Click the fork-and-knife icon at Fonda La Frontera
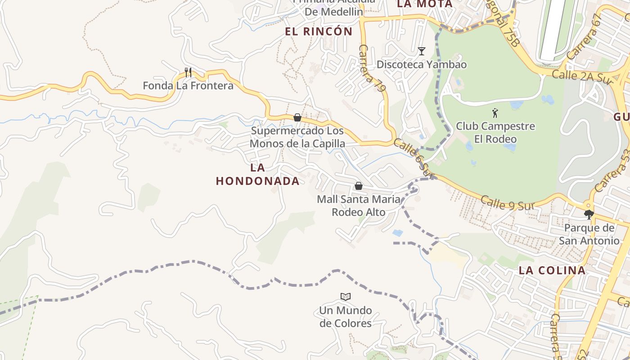click(188, 72)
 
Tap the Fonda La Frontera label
click(188, 85)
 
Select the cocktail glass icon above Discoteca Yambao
click(421, 51)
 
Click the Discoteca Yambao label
click(421, 64)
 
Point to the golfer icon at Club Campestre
click(495, 113)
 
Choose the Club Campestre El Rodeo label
click(495, 132)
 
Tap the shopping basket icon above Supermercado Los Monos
click(297, 117)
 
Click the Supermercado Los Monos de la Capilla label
click(297, 137)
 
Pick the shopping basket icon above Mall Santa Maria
click(359, 185)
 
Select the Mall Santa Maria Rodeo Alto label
click(359, 205)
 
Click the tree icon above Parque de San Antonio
click(589, 214)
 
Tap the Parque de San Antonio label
click(589, 234)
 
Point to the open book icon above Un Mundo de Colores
click(346, 297)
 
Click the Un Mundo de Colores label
click(346, 317)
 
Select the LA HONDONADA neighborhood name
click(257, 175)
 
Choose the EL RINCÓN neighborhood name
click(319, 31)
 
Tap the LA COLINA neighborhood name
click(552, 270)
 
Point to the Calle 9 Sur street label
click(507, 203)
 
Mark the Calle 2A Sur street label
click(577, 75)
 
